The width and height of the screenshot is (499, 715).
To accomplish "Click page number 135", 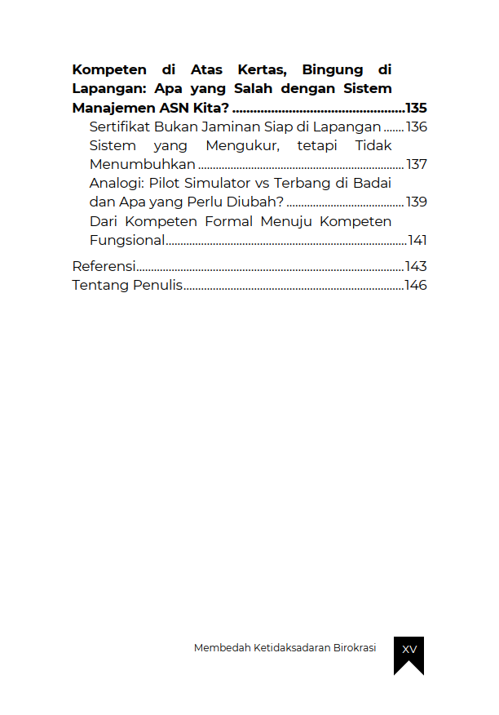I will pyautogui.click(x=416, y=108).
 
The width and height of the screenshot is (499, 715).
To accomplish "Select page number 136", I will pyautogui.click(x=417, y=127).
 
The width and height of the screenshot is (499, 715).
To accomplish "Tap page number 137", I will pyautogui.click(x=417, y=164).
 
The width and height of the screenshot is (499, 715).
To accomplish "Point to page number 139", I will pyautogui.click(x=417, y=202).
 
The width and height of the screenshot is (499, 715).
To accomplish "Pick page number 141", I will pyautogui.click(x=417, y=240).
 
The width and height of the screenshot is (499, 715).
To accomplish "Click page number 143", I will pyautogui.click(x=416, y=266).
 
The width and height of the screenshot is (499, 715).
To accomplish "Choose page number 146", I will pyautogui.click(x=416, y=286).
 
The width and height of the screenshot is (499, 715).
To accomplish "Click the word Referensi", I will pyautogui.click(x=104, y=266).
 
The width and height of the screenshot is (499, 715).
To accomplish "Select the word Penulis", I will pyautogui.click(x=157, y=286).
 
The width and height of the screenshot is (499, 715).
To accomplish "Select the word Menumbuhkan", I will pyautogui.click(x=143, y=164).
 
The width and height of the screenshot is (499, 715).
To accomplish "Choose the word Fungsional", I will pyautogui.click(x=127, y=240).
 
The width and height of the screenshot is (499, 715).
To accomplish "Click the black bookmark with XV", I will pyautogui.click(x=408, y=653).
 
